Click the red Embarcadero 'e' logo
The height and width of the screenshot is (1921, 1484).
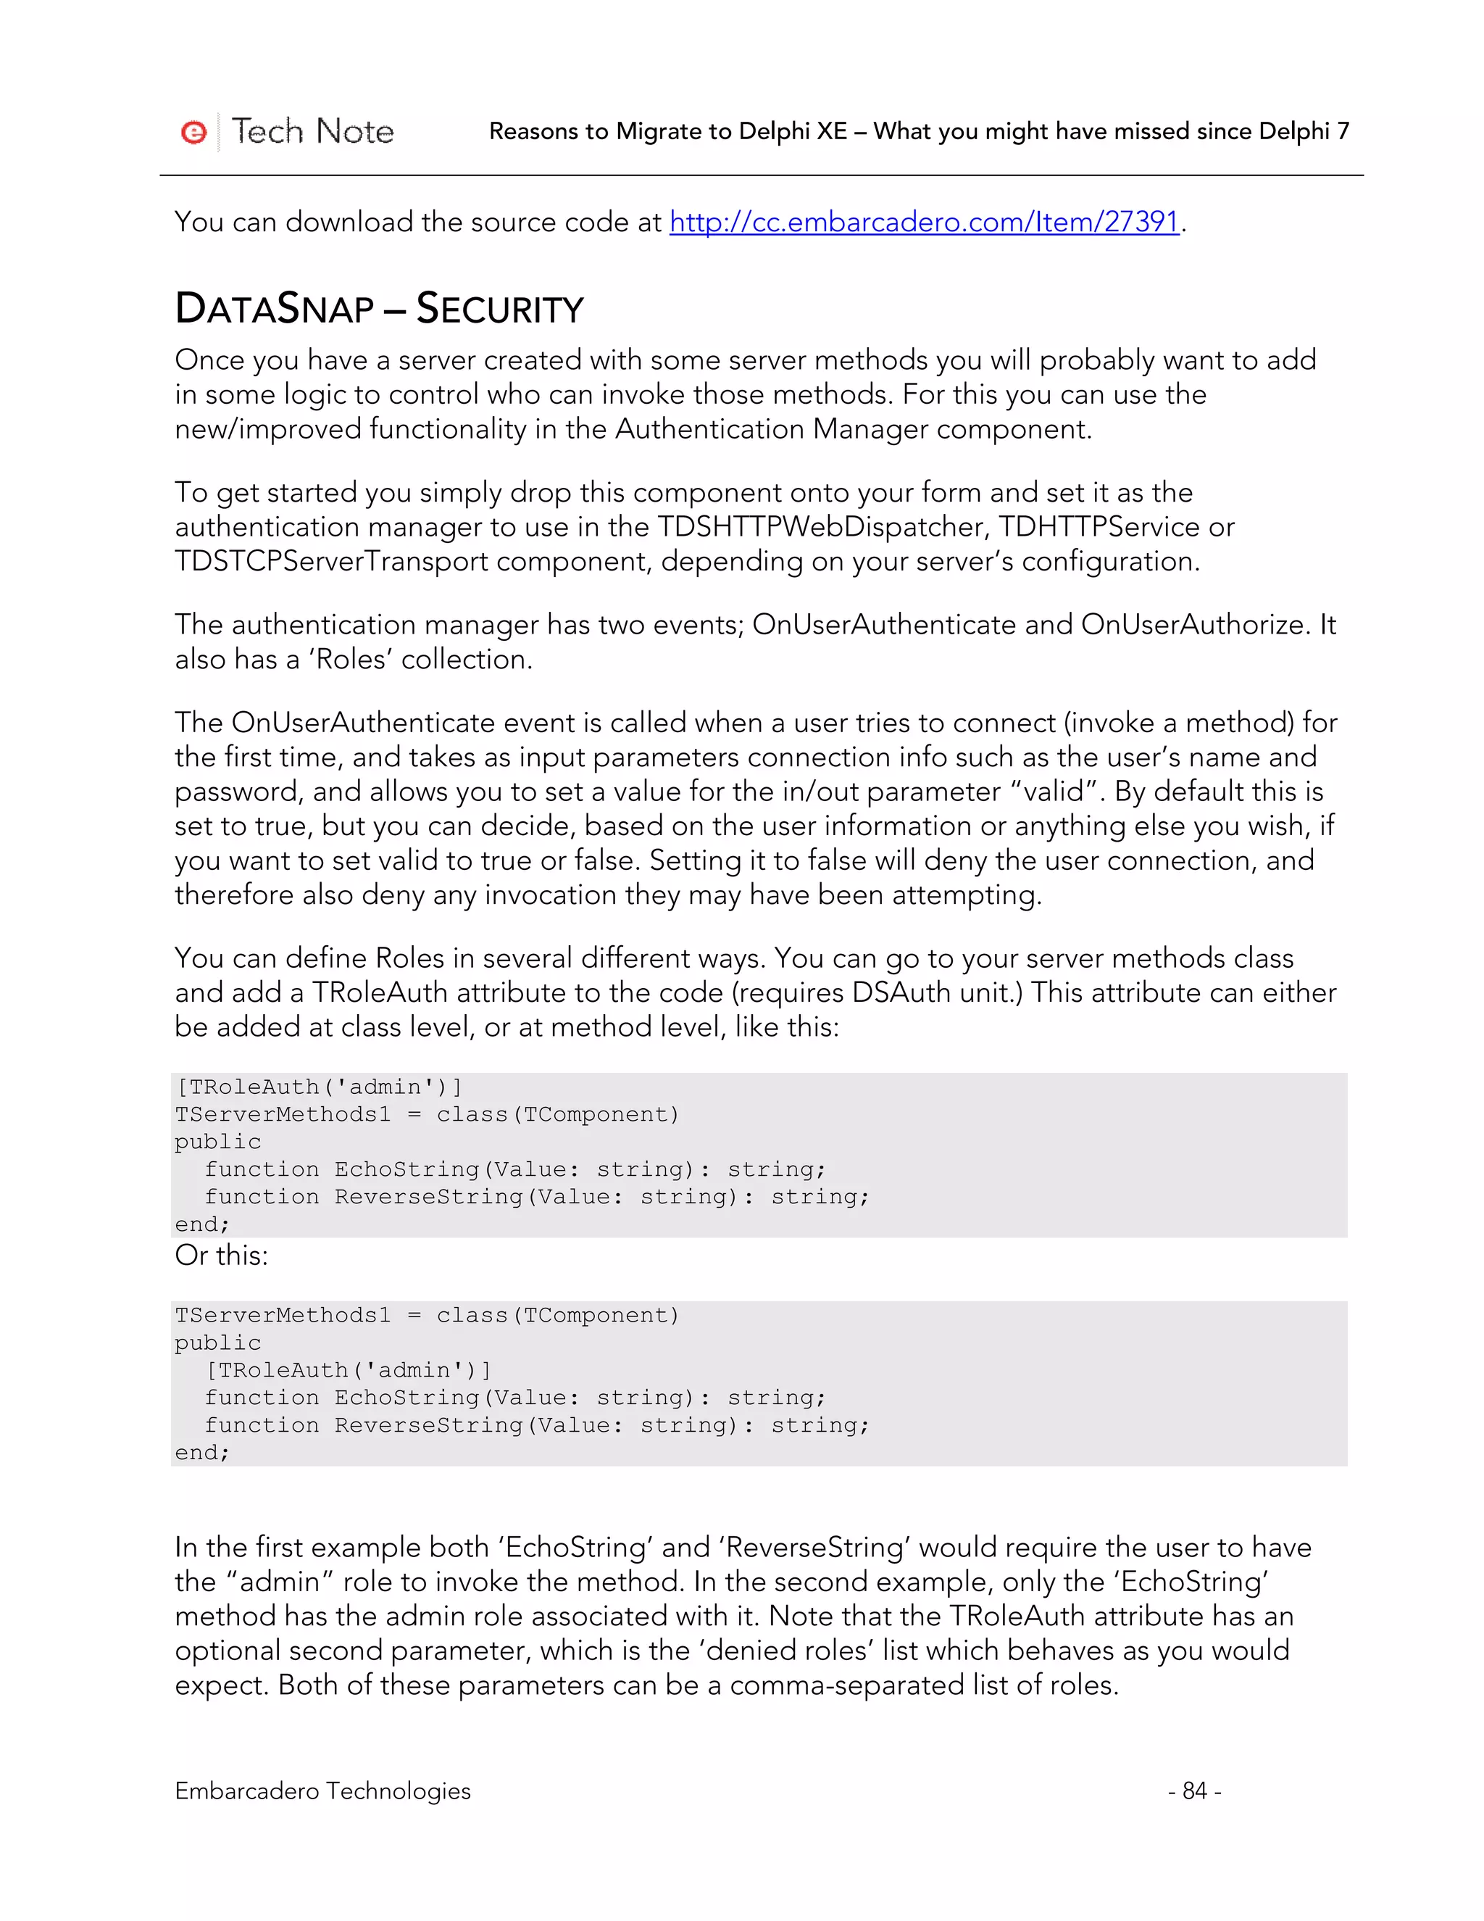tap(193, 132)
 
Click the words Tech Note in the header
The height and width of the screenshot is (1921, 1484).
tap(312, 132)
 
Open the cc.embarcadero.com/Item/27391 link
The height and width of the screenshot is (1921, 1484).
tap(923, 222)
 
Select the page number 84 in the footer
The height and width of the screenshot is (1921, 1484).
tap(1194, 1791)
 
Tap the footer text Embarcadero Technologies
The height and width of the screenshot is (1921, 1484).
tap(322, 1791)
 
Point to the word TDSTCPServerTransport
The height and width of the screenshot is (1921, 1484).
tap(331, 561)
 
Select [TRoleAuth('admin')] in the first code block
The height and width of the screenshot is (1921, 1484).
tap(319, 1087)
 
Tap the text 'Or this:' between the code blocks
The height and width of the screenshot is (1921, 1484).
tap(222, 1255)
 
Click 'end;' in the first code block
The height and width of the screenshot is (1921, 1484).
tap(202, 1224)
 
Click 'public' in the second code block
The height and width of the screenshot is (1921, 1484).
tap(218, 1343)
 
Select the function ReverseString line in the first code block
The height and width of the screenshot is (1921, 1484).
tap(536, 1197)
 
